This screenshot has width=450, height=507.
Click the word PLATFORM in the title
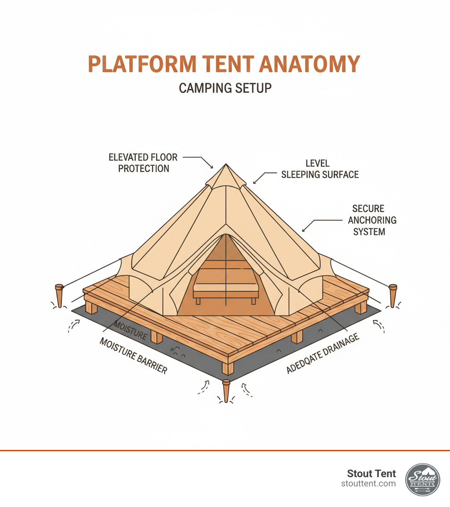click(142, 65)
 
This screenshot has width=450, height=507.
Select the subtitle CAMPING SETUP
click(225, 88)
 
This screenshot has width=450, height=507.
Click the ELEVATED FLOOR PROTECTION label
click(144, 163)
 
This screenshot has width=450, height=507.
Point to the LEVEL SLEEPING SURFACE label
click(319, 169)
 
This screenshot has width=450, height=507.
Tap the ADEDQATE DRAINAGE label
click(323, 353)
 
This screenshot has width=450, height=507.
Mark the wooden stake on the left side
click(59, 295)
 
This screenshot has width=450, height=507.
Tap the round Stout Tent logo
click(422, 480)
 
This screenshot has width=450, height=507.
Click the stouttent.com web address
click(368, 484)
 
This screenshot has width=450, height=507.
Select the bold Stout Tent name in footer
click(371, 474)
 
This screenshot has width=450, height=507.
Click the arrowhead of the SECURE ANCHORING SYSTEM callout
click(303, 231)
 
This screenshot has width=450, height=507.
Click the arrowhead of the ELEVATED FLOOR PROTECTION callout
click(213, 167)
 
